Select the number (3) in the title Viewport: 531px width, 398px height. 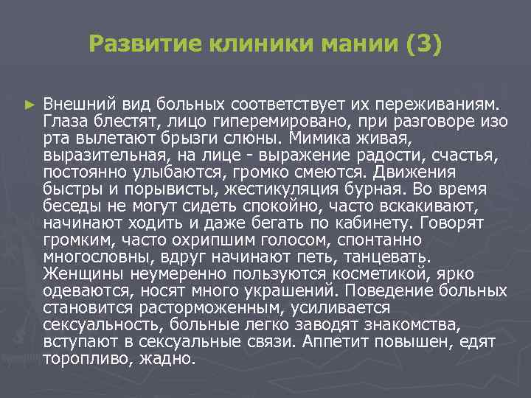click(x=423, y=45)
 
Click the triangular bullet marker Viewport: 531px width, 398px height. click(x=29, y=105)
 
